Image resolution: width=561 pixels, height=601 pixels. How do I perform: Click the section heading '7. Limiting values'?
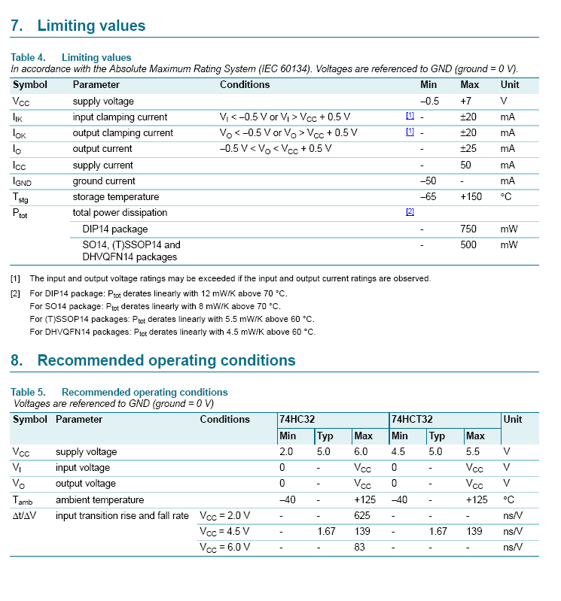pos(78,26)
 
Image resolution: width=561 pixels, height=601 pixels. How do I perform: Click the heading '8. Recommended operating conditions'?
pos(153,360)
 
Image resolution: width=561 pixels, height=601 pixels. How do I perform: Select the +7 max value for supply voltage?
pos(466,101)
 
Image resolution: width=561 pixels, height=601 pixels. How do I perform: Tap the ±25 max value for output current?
pos(468,149)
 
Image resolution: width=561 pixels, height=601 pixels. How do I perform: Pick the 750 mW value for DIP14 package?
pos(468,229)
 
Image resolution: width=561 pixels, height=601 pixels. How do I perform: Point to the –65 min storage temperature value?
pos(428,197)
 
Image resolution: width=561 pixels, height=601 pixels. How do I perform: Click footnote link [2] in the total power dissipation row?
pos(410,212)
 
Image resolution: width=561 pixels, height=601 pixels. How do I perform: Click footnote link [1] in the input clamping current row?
pos(410,117)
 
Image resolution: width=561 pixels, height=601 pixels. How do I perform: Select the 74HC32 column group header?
pos(297,419)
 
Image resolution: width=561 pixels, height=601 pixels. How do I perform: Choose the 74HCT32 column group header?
pos(411,419)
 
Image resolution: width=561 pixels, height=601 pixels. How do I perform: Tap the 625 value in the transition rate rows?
pos(362,515)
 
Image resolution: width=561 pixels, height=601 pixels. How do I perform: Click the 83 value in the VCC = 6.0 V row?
pos(359,547)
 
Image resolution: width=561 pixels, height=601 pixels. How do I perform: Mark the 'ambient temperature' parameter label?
pos(99,499)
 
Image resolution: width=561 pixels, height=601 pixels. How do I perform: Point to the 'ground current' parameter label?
pos(104,181)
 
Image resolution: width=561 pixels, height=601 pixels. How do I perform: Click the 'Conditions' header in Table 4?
pos(245,84)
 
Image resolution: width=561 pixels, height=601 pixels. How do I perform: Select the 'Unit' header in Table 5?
pos(513,419)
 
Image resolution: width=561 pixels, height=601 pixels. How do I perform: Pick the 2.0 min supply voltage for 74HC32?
pos(286,452)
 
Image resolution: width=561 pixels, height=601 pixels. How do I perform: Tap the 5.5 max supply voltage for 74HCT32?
pos(474,452)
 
